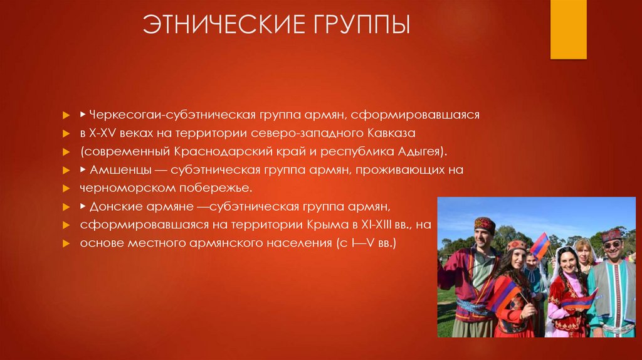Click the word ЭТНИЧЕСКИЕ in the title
pyautogui.click(x=220, y=26)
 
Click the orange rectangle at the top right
pyautogui.click(x=568, y=29)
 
